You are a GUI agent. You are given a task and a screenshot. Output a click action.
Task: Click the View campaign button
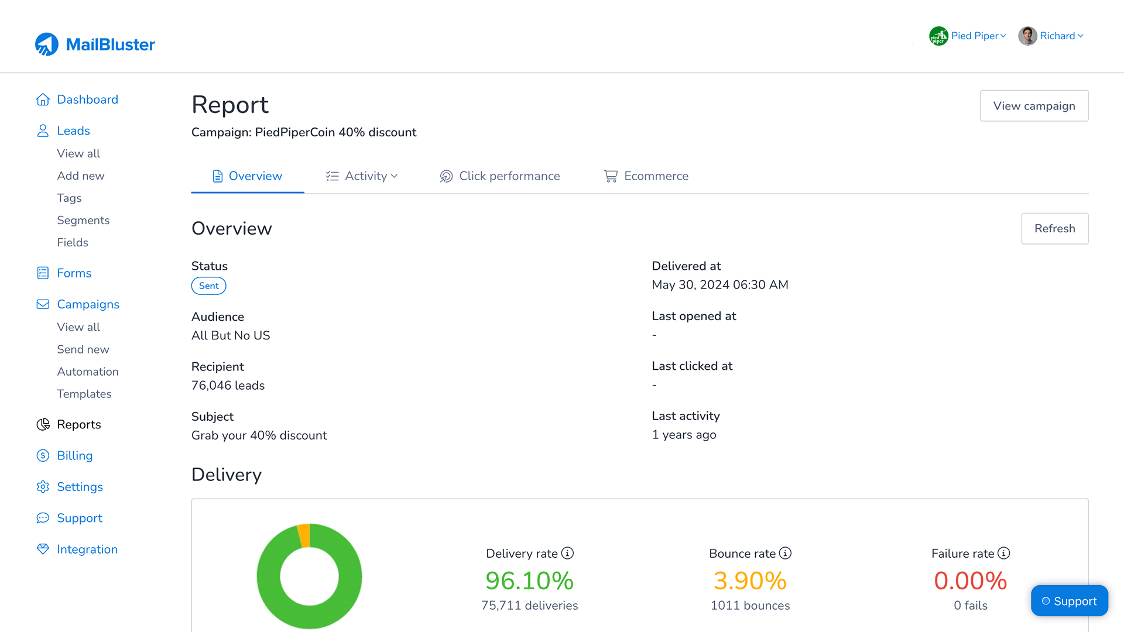(x=1034, y=106)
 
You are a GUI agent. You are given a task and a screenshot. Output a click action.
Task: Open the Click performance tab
(x=500, y=176)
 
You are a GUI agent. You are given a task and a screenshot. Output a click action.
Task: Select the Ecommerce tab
(x=646, y=176)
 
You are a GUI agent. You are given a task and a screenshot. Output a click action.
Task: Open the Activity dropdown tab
(x=362, y=176)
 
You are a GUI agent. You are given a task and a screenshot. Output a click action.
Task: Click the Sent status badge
(x=208, y=286)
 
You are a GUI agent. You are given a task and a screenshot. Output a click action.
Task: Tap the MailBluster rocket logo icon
(x=47, y=44)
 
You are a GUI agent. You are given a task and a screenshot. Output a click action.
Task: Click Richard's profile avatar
(x=1027, y=36)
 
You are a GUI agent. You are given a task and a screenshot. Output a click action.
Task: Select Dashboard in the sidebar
(x=87, y=99)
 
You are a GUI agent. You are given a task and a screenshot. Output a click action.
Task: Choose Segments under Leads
(x=83, y=220)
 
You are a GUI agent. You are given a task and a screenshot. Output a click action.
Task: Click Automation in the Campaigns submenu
(x=88, y=372)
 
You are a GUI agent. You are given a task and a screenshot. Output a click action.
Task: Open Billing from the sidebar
(x=74, y=455)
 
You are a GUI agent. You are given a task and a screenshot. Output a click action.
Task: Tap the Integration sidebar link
(x=87, y=549)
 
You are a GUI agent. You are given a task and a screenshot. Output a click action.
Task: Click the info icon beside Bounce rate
(x=785, y=553)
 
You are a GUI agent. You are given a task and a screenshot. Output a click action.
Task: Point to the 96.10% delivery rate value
(x=529, y=581)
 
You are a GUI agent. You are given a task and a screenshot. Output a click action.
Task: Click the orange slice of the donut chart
(x=303, y=534)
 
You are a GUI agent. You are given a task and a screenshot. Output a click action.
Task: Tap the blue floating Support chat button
(x=1069, y=601)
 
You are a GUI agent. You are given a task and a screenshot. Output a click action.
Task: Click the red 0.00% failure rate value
(x=970, y=581)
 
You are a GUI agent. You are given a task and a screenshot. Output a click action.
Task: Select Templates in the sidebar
(x=84, y=394)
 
